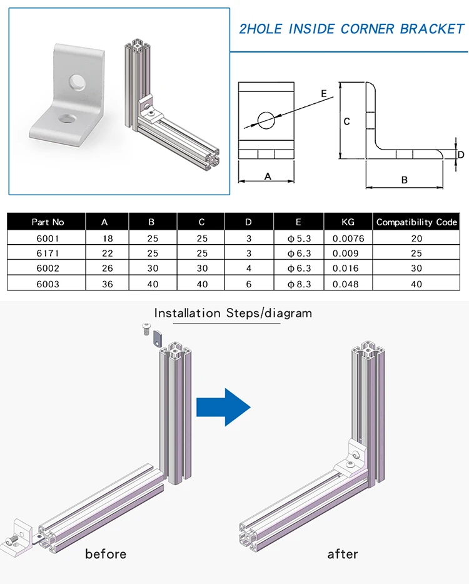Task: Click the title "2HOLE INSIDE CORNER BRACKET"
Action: tap(353, 29)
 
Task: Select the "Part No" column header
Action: tap(48, 222)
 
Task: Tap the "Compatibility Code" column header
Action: tap(416, 222)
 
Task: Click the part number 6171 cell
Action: tap(48, 254)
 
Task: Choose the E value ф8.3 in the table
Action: tap(298, 284)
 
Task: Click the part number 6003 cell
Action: tap(48, 284)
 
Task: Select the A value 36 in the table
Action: tap(104, 284)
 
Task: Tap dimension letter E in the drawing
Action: tap(323, 94)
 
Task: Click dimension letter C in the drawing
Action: tap(347, 121)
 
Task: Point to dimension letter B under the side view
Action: tap(404, 180)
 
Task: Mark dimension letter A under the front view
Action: tap(268, 177)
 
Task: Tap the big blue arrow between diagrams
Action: tap(223, 407)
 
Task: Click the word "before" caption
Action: tap(106, 554)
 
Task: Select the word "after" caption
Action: tap(343, 554)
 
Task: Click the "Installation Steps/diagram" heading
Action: tap(233, 313)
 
